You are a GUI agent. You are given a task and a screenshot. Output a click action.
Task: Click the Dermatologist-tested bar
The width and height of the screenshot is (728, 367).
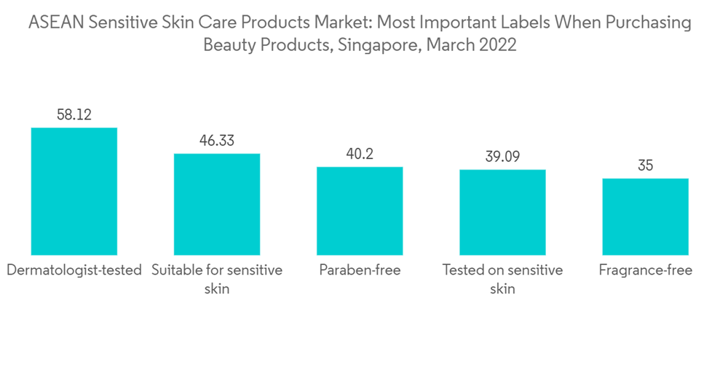tap(74, 191)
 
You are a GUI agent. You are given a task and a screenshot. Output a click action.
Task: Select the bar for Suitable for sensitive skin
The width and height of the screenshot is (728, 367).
tap(216, 204)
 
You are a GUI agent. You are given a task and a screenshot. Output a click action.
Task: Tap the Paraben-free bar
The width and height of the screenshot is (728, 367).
tap(360, 210)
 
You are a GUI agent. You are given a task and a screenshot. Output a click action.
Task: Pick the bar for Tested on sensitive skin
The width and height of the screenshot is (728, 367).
tap(502, 212)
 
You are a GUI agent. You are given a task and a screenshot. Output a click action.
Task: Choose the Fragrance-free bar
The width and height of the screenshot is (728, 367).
tap(646, 216)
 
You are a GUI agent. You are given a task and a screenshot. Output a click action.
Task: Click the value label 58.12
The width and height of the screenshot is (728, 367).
tap(74, 114)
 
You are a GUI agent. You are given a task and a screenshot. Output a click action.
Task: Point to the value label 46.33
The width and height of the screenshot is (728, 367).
tap(216, 141)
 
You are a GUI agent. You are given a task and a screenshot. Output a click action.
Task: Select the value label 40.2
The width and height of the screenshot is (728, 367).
tap(360, 154)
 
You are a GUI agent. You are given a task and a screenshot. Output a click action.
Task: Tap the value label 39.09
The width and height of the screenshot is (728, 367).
tap(502, 157)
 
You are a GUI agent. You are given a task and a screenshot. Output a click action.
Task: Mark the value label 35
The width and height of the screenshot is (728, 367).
tap(646, 165)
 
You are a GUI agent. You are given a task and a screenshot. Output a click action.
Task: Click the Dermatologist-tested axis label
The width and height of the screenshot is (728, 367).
tap(74, 270)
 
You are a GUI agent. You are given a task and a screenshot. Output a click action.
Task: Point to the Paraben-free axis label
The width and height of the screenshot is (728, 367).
tap(360, 270)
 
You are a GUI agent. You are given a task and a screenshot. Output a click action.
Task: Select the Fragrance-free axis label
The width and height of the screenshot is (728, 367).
tap(646, 270)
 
